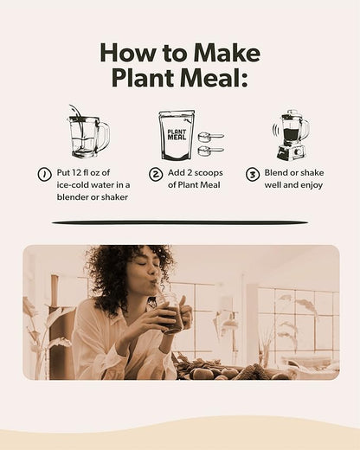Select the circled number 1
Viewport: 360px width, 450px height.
(43, 174)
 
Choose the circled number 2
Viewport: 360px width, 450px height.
(156, 174)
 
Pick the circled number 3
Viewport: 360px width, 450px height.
(253, 174)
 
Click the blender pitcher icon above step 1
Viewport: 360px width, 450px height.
(87, 134)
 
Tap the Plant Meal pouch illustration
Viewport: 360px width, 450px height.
(177, 134)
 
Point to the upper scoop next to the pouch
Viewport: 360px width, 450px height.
(210, 136)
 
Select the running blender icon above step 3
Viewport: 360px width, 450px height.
(291, 134)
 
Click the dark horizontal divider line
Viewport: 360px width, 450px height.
(180, 222)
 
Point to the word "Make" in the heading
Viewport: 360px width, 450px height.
(228, 53)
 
